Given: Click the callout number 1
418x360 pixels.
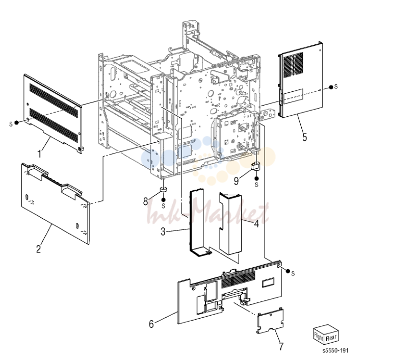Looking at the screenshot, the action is click(39, 154).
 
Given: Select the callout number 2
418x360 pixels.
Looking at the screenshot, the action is click(39, 248).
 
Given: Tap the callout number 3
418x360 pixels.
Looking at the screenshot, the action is click(163, 232).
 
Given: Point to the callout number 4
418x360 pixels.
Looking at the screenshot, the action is click(256, 223).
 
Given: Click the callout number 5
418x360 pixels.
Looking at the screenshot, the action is click(305, 137).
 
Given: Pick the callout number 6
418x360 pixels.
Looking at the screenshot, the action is click(151, 324).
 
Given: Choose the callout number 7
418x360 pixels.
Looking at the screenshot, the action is click(281, 346).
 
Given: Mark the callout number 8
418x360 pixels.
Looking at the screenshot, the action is click(146, 201).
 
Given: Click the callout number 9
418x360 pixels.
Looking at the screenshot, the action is click(237, 181).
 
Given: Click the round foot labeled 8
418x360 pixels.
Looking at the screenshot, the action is click(163, 190).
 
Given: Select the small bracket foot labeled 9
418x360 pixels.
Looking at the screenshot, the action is click(255, 166).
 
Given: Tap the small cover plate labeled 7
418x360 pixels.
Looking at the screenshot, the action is click(270, 321).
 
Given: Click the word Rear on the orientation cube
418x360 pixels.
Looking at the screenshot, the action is click(331, 338).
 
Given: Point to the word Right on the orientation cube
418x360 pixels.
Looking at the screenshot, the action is click(319, 335).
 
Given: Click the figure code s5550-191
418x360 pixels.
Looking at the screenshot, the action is click(335, 350).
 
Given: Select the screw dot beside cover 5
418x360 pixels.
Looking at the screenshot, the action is click(331, 87).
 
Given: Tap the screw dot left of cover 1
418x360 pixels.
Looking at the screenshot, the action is click(16, 122).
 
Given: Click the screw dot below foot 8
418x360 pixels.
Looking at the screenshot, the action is click(164, 200).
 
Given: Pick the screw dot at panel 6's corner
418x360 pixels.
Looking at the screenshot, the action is click(288, 271).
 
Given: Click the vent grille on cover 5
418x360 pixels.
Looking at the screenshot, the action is click(293, 65).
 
